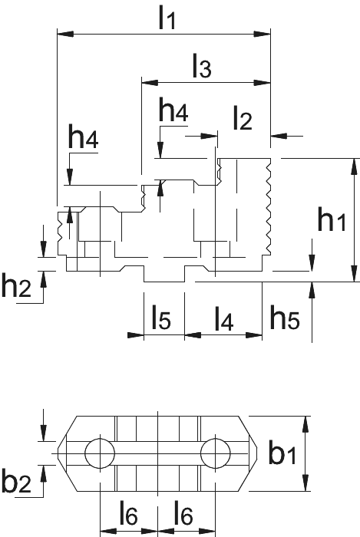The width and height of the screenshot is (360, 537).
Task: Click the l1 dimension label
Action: pyautogui.click(x=167, y=18)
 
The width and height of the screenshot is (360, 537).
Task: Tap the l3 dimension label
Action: pyautogui.click(x=202, y=65)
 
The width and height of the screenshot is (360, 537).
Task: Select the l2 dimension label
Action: pyautogui.click(x=243, y=118)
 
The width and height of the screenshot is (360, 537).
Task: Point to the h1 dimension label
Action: pyautogui.click(x=332, y=219)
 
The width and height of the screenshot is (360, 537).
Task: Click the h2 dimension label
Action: pyautogui.click(x=16, y=285)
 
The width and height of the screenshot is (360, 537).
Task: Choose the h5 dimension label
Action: pyautogui.click(x=285, y=317)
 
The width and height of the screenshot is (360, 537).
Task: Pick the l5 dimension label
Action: pyautogui.click(x=161, y=317)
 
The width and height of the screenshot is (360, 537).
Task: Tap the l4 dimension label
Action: pyautogui.click(x=224, y=318)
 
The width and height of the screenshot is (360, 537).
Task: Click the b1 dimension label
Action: pyautogui.click(x=282, y=452)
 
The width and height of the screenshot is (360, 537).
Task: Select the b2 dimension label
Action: pyautogui.click(x=16, y=479)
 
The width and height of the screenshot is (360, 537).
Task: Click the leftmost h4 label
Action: pyautogui.click(x=83, y=137)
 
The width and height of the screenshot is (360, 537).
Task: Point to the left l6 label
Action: pyautogui.click(x=129, y=513)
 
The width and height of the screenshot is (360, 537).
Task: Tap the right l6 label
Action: pyautogui.click(x=183, y=513)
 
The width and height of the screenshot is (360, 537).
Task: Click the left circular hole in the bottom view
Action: pyautogui.click(x=100, y=454)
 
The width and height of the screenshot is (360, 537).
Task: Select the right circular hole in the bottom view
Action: pyautogui.click(x=216, y=454)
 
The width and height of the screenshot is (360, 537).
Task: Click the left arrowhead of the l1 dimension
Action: pyautogui.click(x=65, y=34)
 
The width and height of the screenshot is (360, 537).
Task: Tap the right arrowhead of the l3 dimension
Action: pyautogui.click(x=262, y=83)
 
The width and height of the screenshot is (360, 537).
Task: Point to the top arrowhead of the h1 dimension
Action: pyautogui.click(x=355, y=166)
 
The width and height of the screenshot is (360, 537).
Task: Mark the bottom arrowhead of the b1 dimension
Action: pyautogui.click(x=306, y=483)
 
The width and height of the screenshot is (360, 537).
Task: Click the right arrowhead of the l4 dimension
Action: pyautogui.click(x=254, y=334)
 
